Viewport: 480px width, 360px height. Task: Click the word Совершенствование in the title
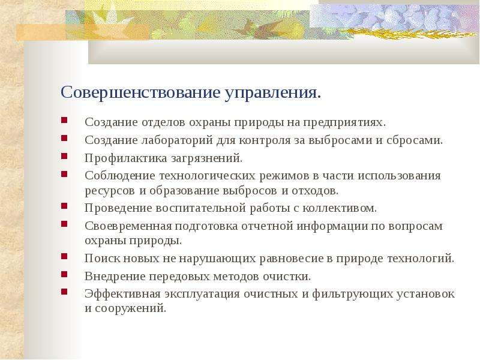(140, 92)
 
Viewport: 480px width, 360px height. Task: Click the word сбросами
(415, 140)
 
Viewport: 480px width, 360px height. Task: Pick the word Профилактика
(126, 158)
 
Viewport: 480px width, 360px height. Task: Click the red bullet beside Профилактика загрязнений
(64, 156)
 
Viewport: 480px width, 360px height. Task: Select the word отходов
(315, 191)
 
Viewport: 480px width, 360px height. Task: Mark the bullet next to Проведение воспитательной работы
(64, 205)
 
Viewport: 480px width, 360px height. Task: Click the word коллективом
(340, 208)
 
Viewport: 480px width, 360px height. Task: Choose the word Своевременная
(128, 226)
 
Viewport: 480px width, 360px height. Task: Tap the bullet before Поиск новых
(64, 256)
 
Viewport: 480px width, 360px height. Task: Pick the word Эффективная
(122, 294)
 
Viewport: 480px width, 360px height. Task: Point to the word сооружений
(130, 308)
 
